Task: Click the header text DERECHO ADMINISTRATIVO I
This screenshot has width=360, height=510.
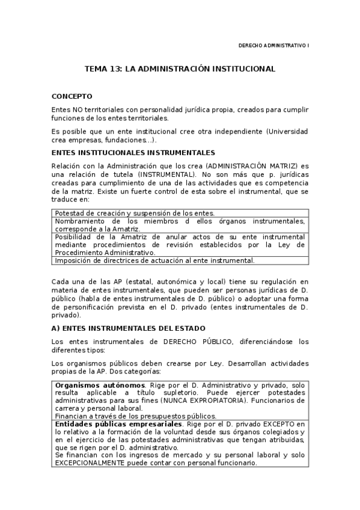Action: point(273,45)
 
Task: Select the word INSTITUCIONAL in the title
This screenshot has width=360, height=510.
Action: point(240,69)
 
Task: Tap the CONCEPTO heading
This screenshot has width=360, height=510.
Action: point(72,96)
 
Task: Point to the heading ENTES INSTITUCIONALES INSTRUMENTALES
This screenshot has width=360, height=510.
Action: point(133,153)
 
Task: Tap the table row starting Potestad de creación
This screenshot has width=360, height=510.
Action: point(135,213)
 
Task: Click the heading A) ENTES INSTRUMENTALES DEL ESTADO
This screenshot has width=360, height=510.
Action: point(129,328)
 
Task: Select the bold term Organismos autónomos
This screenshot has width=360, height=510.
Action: point(100,384)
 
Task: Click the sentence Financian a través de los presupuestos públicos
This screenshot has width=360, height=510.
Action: point(135,416)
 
